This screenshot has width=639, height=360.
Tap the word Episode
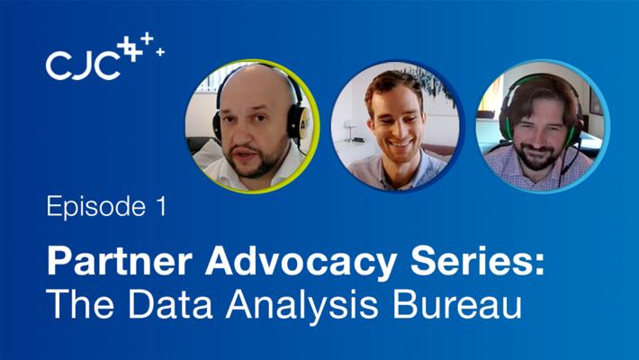[96, 207]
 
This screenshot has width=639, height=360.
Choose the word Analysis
[302, 307]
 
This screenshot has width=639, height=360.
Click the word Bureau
[457, 304]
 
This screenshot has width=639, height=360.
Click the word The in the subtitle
[80, 304]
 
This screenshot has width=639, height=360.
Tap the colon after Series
[540, 265]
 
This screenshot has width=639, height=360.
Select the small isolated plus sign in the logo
[160, 52]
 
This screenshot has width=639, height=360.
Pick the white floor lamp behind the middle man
[349, 130]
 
